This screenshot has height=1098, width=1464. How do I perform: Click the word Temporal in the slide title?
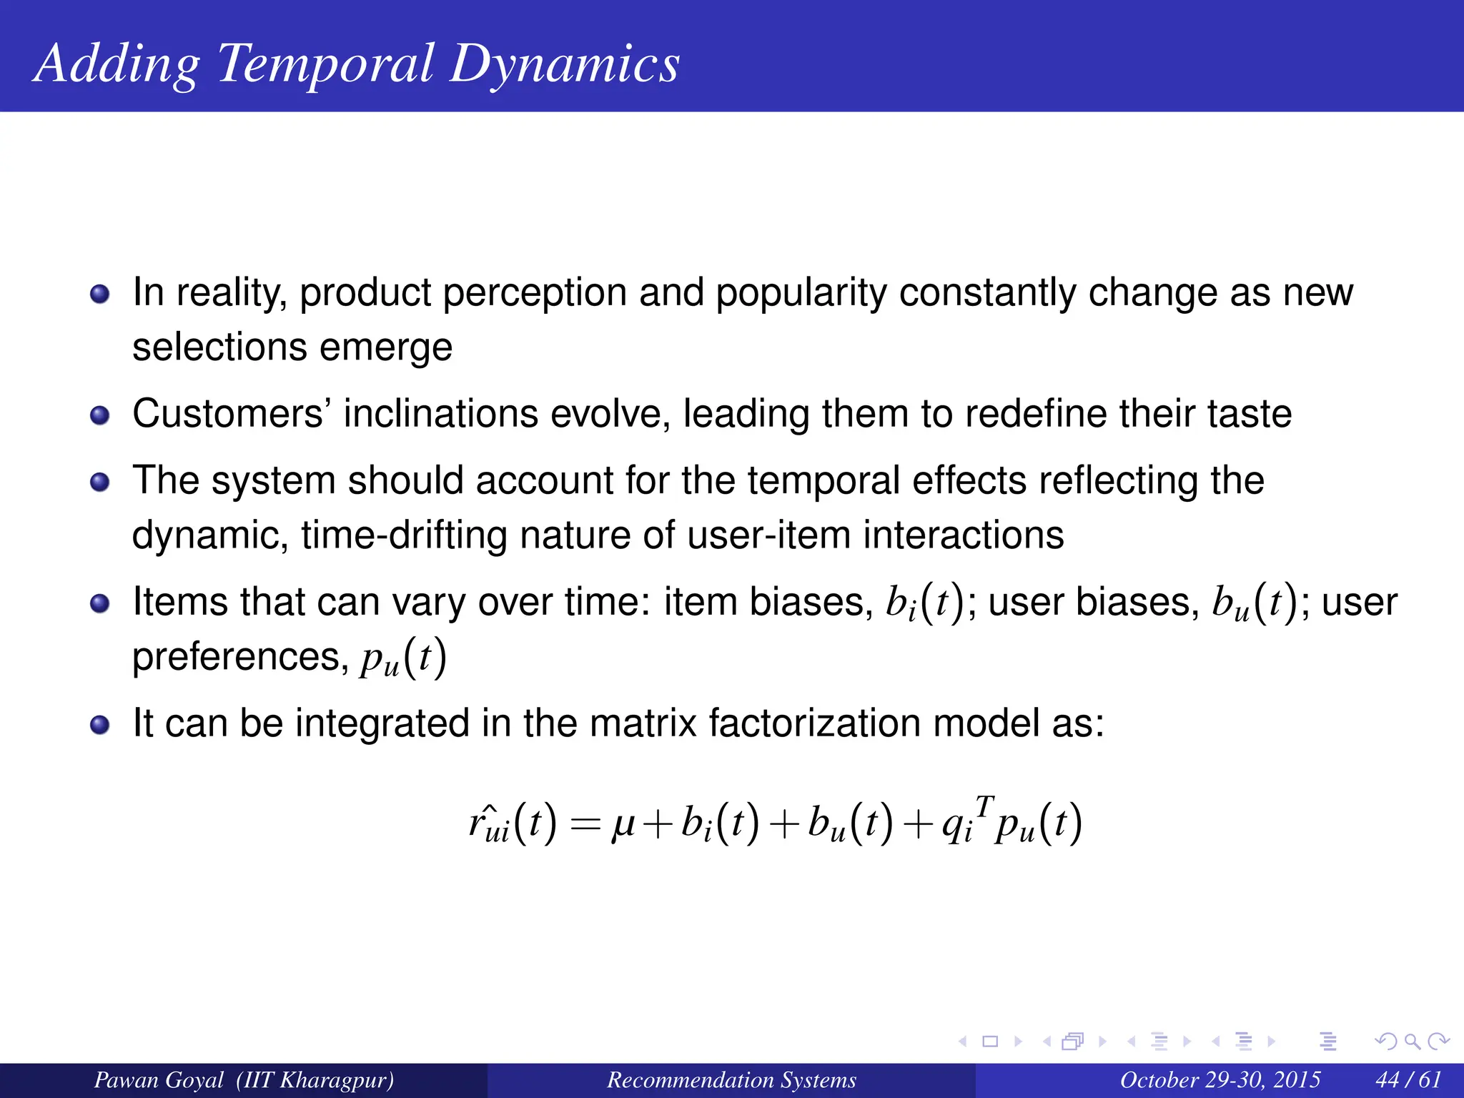[325, 64]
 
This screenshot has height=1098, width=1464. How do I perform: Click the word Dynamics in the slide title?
[565, 64]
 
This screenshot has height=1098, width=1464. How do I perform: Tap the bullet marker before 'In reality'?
[100, 294]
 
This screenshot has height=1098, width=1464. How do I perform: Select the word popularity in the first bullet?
[801, 293]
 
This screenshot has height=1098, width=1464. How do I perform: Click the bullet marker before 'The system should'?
[100, 482]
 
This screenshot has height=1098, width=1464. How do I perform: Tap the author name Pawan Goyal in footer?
[159, 1079]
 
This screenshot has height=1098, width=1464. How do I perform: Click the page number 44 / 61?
[1408, 1079]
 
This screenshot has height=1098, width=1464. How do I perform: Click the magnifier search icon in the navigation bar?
[1412, 1042]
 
